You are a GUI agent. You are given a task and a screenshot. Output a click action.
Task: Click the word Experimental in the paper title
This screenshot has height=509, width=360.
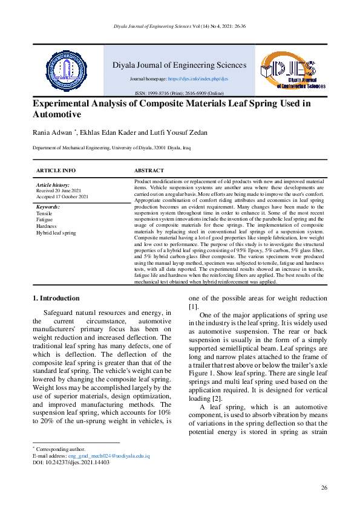[68, 103]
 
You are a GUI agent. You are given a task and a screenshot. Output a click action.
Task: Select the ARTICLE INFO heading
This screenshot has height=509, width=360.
[56, 171]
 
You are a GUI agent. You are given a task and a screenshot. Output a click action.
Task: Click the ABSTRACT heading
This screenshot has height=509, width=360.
[149, 171]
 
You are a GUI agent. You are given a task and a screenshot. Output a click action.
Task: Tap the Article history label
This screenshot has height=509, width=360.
[53, 184]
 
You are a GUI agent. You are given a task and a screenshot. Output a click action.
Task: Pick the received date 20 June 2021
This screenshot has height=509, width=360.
[60, 190]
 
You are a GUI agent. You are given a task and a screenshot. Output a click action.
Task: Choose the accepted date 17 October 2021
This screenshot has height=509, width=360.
[63, 196]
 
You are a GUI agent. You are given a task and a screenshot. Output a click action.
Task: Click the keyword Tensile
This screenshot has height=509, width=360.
[44, 213]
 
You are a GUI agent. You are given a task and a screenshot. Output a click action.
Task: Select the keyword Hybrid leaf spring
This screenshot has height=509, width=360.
[56, 232]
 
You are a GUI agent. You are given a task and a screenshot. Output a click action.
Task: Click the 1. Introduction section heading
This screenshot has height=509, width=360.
[56, 298]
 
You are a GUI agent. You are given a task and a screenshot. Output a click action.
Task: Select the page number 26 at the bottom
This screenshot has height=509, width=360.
[324, 487]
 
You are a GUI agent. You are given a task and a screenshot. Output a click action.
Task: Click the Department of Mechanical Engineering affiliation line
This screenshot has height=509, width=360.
[114, 148]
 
